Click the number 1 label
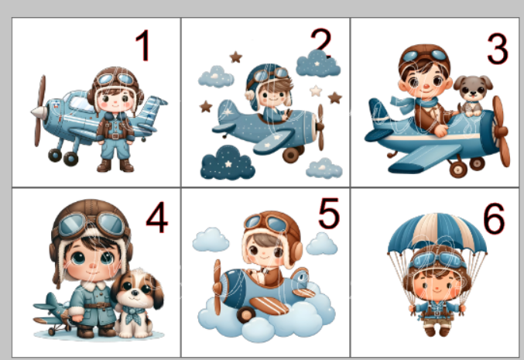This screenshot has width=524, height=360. pos(142,45)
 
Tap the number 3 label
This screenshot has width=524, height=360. pos(498,49)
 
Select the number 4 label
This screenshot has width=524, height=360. pos(156,218)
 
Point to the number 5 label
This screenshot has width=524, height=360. pos(329,213)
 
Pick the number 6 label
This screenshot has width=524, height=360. pos(494,218)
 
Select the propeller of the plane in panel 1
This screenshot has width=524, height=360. pos(39,111)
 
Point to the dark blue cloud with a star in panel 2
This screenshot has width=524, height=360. pos(228,163)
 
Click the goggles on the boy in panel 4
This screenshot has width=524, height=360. pos(91,224)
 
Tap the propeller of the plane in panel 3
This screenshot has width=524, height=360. pos(501,131)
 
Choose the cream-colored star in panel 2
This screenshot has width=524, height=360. pos(316,91)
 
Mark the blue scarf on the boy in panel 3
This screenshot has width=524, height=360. pos(415,104)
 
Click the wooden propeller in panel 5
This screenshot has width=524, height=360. pos(217,287)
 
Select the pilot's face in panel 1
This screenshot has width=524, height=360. pos(115,99)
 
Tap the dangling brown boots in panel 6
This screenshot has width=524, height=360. pos(437,331)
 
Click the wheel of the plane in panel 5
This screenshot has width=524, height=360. pos(245,315)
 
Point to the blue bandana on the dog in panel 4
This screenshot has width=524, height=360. pos(135,314)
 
